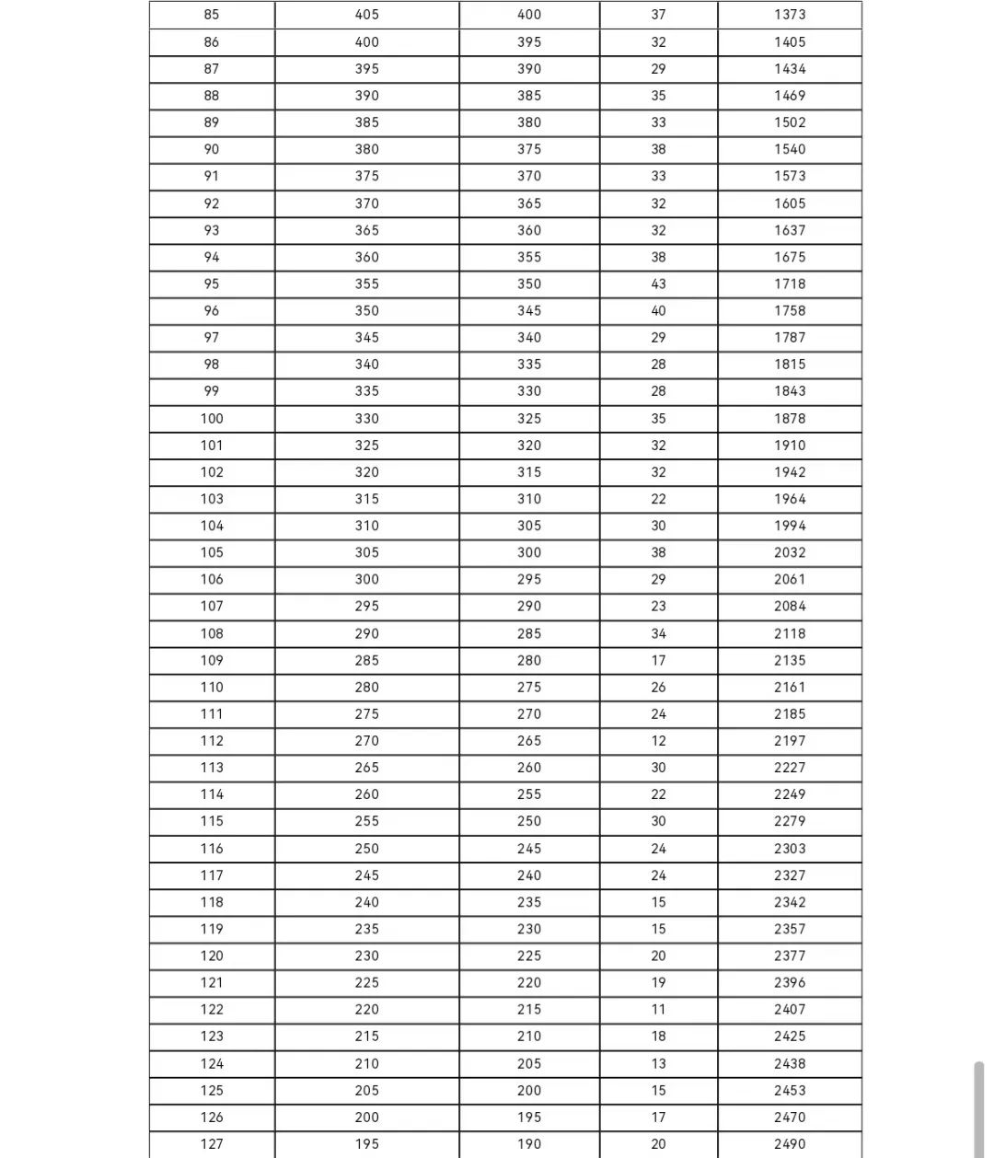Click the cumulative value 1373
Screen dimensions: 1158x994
[789, 15]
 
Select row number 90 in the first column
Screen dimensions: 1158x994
[212, 149]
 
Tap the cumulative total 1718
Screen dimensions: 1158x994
[789, 284]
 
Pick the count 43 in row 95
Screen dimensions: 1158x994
[658, 284]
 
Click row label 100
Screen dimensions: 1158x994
[212, 418]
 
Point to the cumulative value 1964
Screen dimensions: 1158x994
[789, 499]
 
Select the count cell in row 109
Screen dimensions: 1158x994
[658, 660]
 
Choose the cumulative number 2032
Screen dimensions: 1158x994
[789, 552]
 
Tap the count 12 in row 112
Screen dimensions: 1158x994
[658, 740]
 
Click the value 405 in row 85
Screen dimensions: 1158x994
[366, 15]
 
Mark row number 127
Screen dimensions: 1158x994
[212, 1143]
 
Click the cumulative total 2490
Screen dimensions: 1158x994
[789, 1143]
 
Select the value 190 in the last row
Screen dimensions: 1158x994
[529, 1143]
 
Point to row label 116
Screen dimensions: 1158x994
[212, 848]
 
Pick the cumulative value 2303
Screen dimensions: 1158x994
[789, 848]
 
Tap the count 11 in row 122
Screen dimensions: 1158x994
[658, 1009]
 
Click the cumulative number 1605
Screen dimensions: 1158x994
[789, 203]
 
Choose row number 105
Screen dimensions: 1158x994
[212, 552]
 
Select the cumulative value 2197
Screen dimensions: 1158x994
[789, 740]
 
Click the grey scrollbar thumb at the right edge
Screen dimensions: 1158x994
[978, 1109]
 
